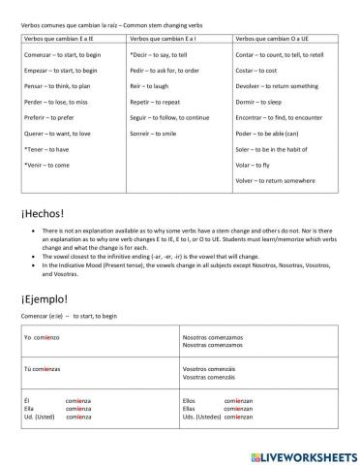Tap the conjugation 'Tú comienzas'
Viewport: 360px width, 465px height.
42,369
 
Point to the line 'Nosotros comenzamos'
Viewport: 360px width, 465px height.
212,334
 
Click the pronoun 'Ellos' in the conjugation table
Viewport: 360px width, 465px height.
190,399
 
